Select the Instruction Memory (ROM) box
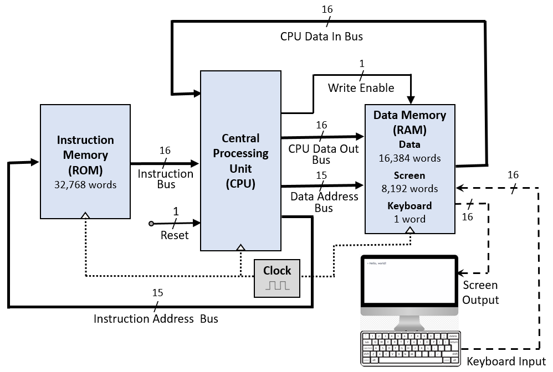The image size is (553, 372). (x=85, y=161)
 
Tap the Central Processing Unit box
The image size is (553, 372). (x=240, y=161)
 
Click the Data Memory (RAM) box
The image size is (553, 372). (x=409, y=168)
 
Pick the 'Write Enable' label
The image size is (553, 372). (x=361, y=88)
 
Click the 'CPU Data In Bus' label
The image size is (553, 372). (x=321, y=37)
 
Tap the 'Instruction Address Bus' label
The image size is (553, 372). (x=156, y=319)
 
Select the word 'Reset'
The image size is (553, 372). (x=175, y=235)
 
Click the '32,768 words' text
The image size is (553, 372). (x=85, y=184)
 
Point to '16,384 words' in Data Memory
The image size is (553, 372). (x=409, y=158)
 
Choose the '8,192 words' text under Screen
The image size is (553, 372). (x=409, y=189)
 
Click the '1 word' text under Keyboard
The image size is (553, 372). (x=409, y=219)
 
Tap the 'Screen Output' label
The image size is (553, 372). (x=480, y=293)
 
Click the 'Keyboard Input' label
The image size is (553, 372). (x=506, y=362)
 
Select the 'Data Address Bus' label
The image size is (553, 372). (x=324, y=202)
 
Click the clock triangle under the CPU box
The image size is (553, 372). (x=240, y=247)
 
